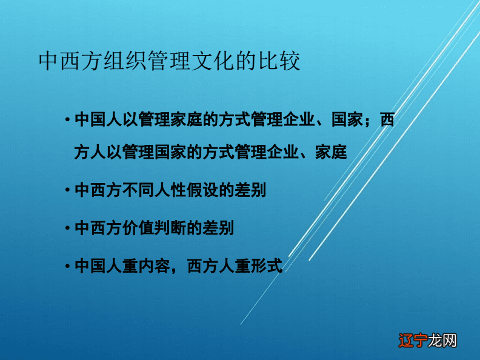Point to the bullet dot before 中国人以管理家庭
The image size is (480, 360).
pyautogui.click(x=67, y=120)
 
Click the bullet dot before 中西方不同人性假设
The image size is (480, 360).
pyautogui.click(x=67, y=190)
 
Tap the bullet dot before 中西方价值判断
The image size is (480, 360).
pyautogui.click(x=67, y=228)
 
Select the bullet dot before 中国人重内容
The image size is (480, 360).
pyautogui.click(x=67, y=266)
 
